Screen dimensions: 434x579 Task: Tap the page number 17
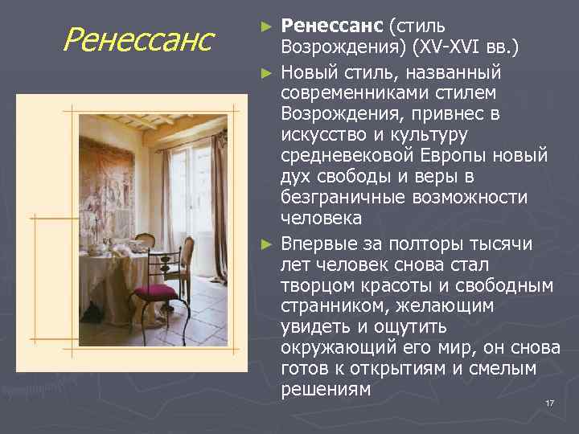550,403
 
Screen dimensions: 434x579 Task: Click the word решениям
326,391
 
